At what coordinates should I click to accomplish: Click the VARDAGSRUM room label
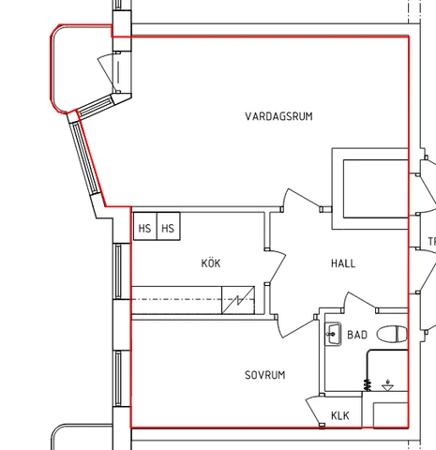point(278,116)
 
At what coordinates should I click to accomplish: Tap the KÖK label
point(211,262)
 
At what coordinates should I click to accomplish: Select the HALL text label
point(343,263)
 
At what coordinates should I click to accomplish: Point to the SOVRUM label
point(265,375)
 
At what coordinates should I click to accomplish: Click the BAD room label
point(357,335)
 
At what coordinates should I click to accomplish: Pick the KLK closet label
point(340,415)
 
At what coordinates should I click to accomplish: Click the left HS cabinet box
point(145,226)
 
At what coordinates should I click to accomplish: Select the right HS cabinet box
point(169,226)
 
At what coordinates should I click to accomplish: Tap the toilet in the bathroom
point(392,334)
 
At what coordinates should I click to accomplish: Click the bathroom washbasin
point(333,335)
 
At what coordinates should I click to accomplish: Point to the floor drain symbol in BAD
point(388,386)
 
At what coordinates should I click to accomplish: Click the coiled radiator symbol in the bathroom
point(368,384)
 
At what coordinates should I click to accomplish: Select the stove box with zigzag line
point(238,300)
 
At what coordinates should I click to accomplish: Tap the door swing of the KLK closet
point(314,411)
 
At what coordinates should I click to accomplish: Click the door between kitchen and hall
point(277,266)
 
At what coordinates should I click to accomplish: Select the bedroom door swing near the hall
point(295,327)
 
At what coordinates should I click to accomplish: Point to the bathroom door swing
point(359,301)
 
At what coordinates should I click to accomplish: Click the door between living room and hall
point(302,199)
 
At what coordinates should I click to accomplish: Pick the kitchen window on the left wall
point(118,271)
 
